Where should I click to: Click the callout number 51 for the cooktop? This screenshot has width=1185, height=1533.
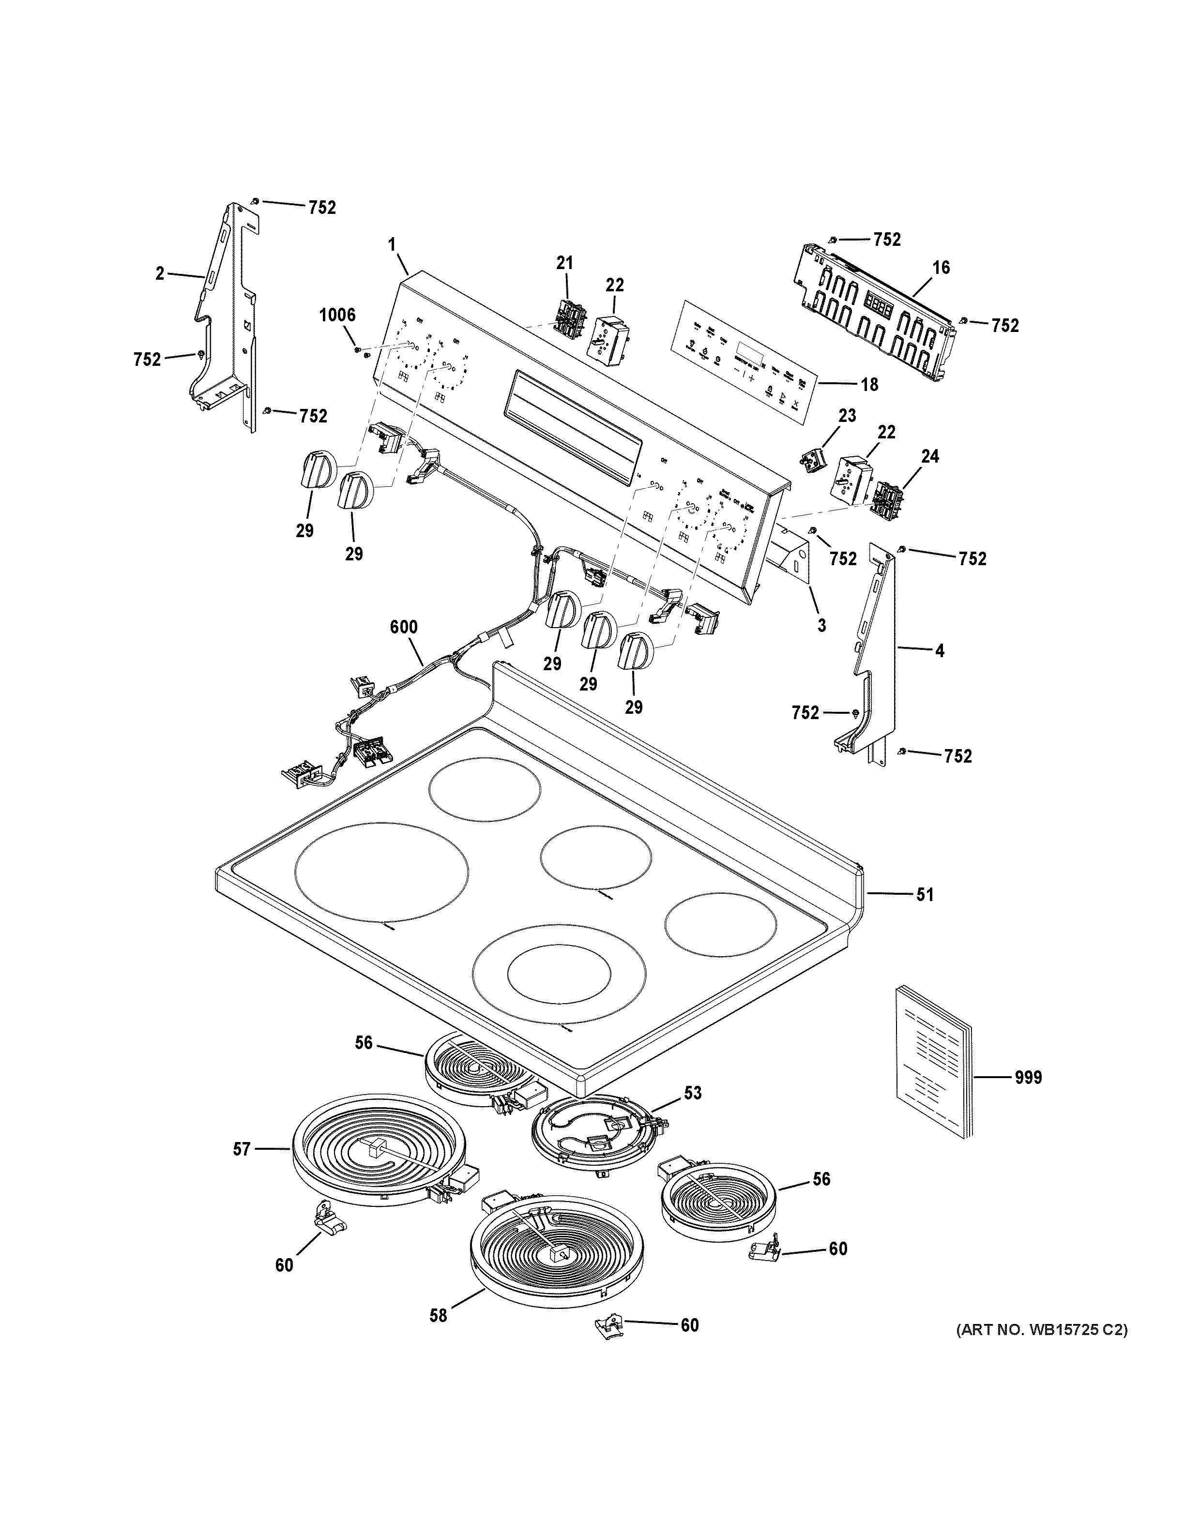point(925,895)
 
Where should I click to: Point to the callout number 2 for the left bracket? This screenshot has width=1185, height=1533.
point(160,274)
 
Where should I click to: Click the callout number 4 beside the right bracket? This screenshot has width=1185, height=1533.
point(939,651)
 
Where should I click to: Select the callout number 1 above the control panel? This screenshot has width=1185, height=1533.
point(392,244)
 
